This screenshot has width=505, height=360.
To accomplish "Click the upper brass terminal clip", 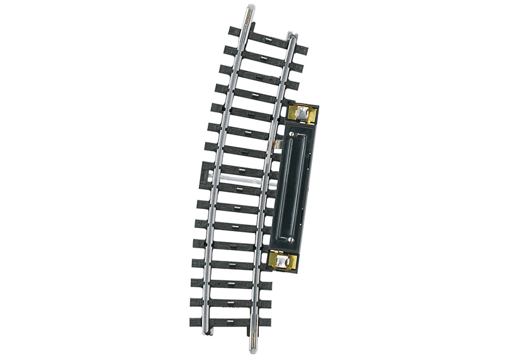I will pyautogui.click(x=302, y=114).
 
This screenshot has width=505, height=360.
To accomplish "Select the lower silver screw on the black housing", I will pyautogui.click(x=290, y=239).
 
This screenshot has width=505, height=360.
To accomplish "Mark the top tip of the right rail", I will pyautogui.click(x=290, y=35).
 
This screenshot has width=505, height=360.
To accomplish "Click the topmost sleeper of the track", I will pyautogui.click(x=268, y=40).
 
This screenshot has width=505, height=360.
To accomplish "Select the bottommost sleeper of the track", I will pyautogui.click(x=230, y=322).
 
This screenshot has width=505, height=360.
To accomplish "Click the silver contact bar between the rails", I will pyautogui.click(x=243, y=181).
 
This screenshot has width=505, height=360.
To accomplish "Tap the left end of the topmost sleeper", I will pyautogui.click(x=234, y=30).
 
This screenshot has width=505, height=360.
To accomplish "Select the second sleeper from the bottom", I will pyautogui.click(x=230, y=304).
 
